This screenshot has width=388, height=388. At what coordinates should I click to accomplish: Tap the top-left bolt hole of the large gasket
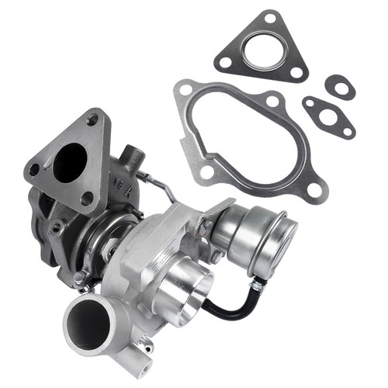tap(185, 90)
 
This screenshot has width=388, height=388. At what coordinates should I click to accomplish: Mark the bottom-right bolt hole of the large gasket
tap(314, 190)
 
